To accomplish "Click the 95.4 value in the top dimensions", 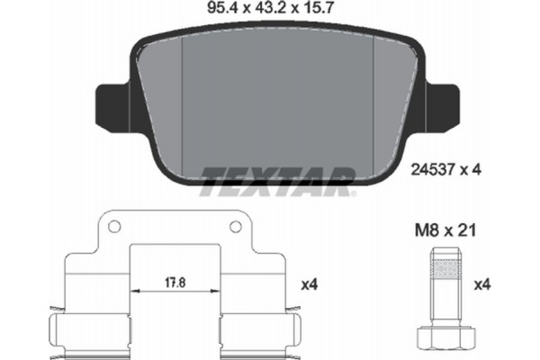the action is point(223,7).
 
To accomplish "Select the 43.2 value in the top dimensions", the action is point(270,7).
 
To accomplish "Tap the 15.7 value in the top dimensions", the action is point(318,7).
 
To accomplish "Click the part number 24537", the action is point(433,169).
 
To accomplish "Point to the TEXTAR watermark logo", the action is point(277,181).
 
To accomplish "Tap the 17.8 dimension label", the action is point(175,283).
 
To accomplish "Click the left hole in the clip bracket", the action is point(114,227).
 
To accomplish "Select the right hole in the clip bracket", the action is point(236,227).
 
